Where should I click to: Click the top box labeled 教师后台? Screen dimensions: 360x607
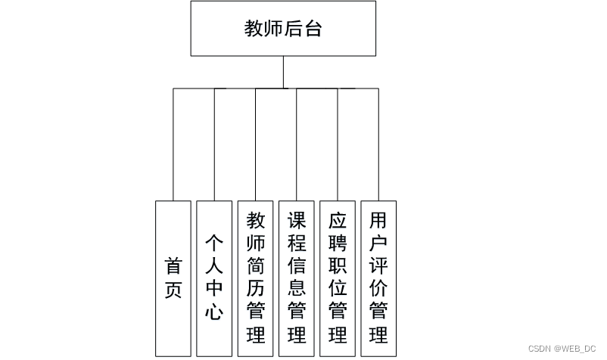[x=283, y=29]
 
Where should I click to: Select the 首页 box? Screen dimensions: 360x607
[x=173, y=278]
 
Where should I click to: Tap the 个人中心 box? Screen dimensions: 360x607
[x=214, y=278]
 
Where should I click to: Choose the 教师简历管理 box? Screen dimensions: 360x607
[x=256, y=278]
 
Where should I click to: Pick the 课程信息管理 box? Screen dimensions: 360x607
[x=297, y=278]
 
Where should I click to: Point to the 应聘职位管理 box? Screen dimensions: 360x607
[x=338, y=278]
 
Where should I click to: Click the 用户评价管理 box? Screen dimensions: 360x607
[x=378, y=278]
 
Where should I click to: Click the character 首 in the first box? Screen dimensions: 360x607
[x=173, y=267]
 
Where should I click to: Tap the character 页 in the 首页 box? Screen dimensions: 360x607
[x=173, y=290]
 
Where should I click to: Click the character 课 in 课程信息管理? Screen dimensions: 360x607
[x=297, y=222]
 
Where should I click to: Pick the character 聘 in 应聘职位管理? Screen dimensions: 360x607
[x=338, y=244]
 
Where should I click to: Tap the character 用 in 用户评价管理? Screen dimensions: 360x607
[x=378, y=222]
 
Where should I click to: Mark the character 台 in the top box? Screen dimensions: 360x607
[x=313, y=29]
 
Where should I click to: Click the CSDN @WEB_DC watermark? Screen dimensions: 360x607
[x=563, y=349]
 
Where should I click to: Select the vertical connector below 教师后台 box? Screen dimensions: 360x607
[x=283, y=72]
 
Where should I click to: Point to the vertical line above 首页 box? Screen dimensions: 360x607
[x=173, y=144]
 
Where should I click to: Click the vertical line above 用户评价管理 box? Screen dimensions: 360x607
[x=378, y=144]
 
